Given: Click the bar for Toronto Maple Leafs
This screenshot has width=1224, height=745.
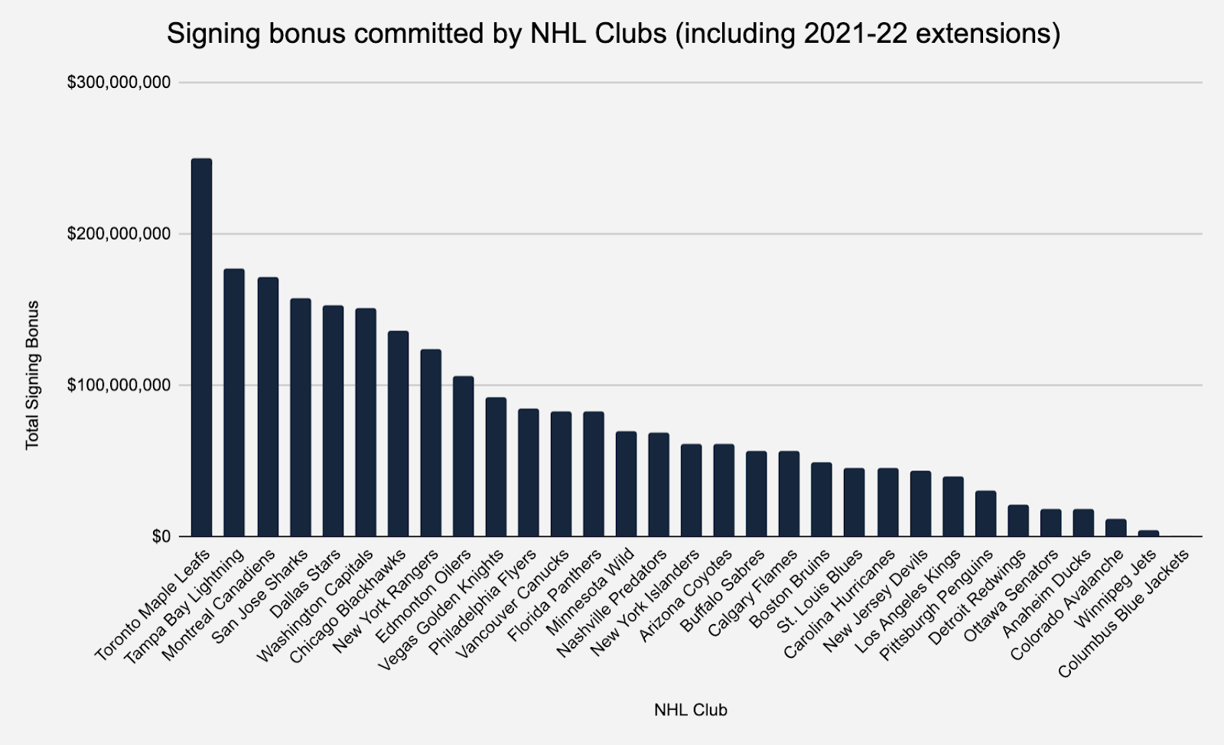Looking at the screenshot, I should point(201,347).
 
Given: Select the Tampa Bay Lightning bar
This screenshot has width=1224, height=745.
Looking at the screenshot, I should point(234,402).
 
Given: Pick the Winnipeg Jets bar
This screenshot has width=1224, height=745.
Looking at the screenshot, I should point(1148,533).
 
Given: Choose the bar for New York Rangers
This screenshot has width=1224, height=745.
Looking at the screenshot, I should point(431,443).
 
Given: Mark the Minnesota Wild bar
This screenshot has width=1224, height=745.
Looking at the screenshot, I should point(626,484).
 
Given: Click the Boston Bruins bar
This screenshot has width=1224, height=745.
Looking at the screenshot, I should point(822,499).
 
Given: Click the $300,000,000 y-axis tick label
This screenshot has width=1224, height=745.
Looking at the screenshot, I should point(119,83).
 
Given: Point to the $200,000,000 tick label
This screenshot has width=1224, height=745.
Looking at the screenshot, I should point(119,234).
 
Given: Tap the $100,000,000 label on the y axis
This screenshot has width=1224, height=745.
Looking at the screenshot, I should point(119,386).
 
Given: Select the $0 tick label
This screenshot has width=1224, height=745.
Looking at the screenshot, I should point(160,537).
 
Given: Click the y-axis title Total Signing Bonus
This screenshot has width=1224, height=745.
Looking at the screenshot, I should point(32,375).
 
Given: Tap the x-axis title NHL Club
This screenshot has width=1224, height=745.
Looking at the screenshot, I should point(690,711).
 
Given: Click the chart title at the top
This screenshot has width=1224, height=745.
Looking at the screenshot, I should point(614,34).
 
